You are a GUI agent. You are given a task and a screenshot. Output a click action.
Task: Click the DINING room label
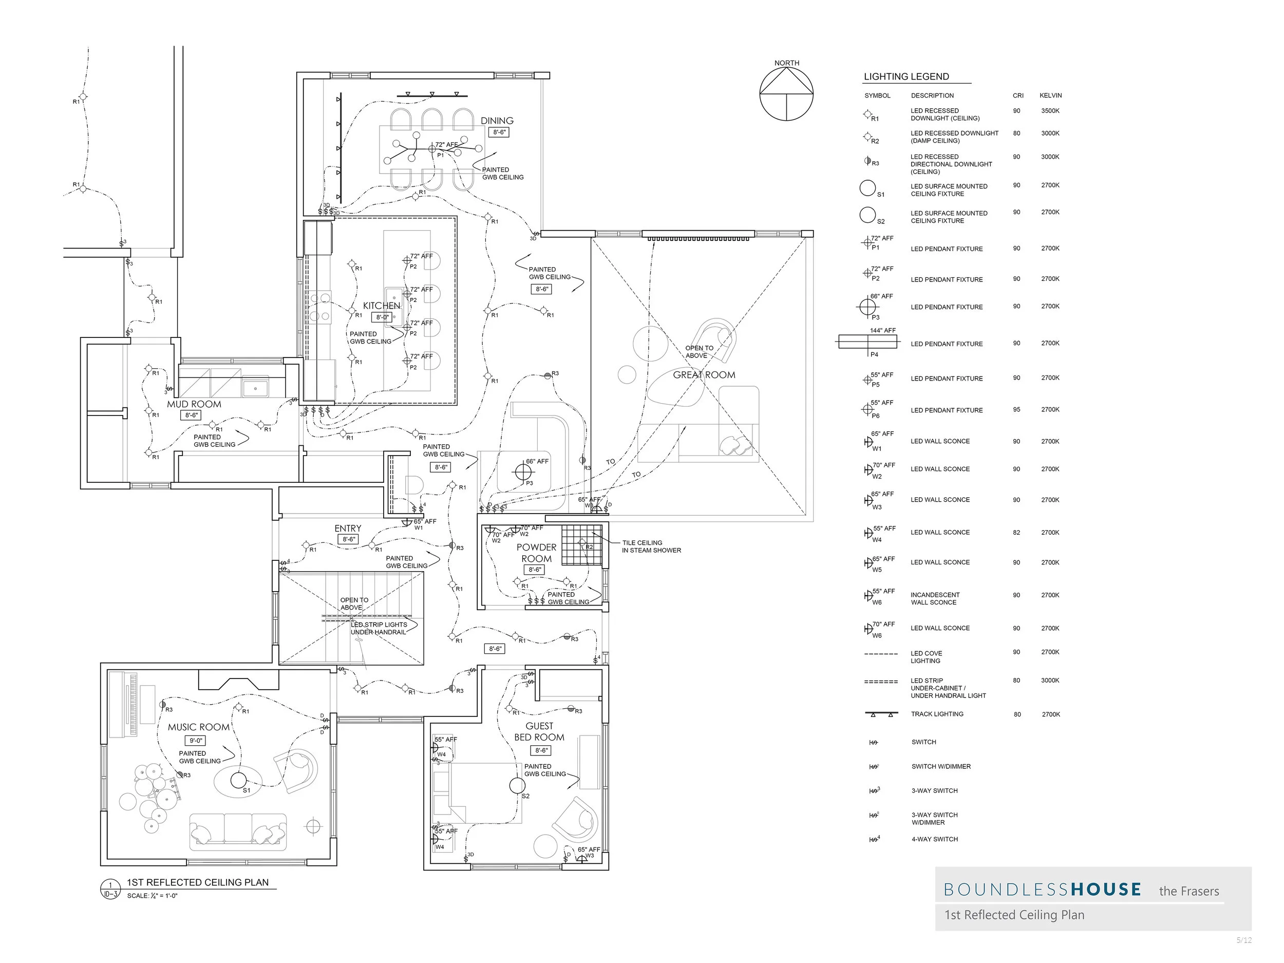pyautogui.click(x=497, y=121)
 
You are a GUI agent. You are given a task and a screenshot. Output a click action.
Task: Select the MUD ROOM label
pyautogui.click(x=194, y=404)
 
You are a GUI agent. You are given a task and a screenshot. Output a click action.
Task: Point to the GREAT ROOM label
pyautogui.click(x=704, y=375)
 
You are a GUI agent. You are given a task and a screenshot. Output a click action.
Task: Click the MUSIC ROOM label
pyautogui.click(x=199, y=727)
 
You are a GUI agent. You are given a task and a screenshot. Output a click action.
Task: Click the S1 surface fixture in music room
pyautogui.click(x=239, y=780)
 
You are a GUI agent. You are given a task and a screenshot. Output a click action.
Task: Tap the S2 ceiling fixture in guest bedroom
pyautogui.click(x=517, y=785)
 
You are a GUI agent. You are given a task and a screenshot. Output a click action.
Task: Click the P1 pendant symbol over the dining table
pyautogui.click(x=432, y=149)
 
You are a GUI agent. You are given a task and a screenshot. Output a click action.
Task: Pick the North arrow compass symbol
pyautogui.click(x=786, y=93)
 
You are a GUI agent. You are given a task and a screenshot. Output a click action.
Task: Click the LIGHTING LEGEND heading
pyautogui.click(x=906, y=77)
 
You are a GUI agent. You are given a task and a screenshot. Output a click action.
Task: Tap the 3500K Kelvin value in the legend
pyautogui.click(x=1050, y=111)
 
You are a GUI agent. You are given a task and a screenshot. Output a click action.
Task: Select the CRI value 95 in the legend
pyautogui.click(x=1016, y=410)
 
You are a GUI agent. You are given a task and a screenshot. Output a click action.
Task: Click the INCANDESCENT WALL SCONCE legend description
pyautogui.click(x=935, y=598)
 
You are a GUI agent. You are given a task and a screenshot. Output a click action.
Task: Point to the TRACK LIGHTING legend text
pyautogui.click(x=937, y=714)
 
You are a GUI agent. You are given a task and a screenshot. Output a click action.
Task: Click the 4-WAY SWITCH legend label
pyautogui.click(x=934, y=839)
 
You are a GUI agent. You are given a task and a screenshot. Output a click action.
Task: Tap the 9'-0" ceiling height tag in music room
pyautogui.click(x=196, y=741)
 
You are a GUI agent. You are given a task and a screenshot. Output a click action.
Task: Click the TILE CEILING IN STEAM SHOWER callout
pyautogui.click(x=651, y=546)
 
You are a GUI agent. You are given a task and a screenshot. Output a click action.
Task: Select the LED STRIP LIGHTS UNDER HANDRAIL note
pyautogui.click(x=379, y=628)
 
